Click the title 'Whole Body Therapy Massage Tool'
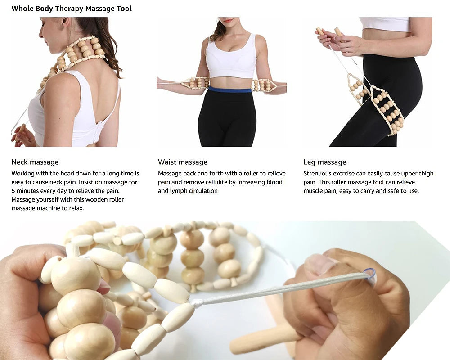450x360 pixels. pyautogui.click(x=72, y=9)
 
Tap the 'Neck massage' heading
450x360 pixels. pyautogui.click(x=35, y=162)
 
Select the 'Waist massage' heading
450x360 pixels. pyautogui.click(x=183, y=162)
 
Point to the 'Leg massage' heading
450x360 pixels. pyautogui.click(x=325, y=162)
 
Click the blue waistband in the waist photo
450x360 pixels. pyautogui.click(x=229, y=90)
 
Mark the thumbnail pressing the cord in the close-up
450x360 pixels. pyautogui.click(x=320, y=265)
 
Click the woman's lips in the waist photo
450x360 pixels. pyautogui.click(x=228, y=20)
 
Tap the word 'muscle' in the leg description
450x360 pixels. pyautogui.click(x=314, y=191)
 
